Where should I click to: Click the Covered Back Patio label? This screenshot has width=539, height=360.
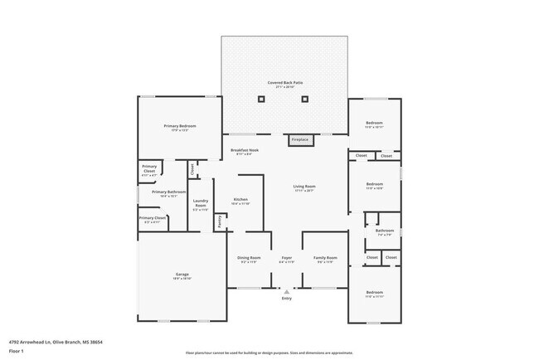(x=285, y=83)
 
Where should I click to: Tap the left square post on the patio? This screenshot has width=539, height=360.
(x=263, y=100)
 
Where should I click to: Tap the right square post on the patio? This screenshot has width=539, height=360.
(x=306, y=100)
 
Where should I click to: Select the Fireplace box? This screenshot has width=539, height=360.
(x=299, y=140)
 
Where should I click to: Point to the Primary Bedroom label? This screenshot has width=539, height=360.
(x=179, y=126)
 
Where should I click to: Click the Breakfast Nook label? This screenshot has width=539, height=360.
(x=245, y=150)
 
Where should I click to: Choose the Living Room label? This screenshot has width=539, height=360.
(x=304, y=187)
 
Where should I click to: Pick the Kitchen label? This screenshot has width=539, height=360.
(x=240, y=200)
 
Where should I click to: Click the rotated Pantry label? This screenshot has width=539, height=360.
(x=219, y=221)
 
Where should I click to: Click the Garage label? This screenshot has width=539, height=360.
(x=181, y=275)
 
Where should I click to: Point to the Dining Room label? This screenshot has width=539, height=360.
(x=250, y=258)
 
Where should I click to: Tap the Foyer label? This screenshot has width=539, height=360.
(x=286, y=258)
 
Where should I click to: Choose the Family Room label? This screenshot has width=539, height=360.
(x=325, y=258)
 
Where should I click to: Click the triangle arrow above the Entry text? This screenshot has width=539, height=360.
(x=286, y=291)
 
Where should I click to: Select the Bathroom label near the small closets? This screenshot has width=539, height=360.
(x=384, y=231)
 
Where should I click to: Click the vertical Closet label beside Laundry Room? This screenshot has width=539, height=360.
(x=192, y=169)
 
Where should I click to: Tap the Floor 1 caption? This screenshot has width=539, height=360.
(x=17, y=351)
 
